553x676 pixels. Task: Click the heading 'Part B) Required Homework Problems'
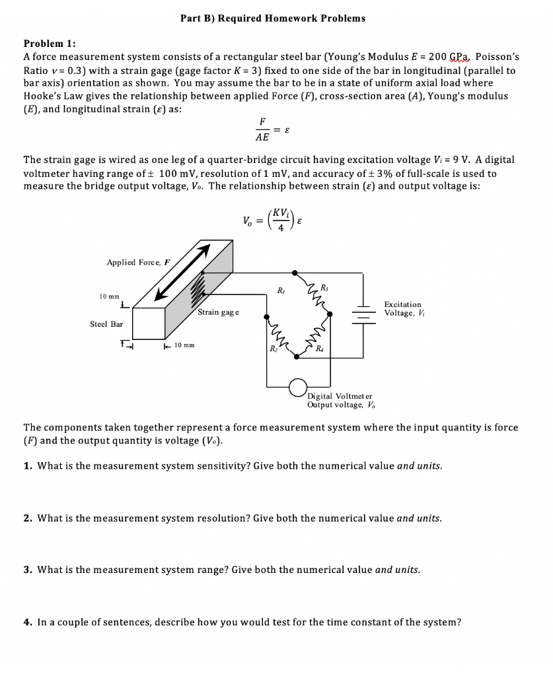click(x=272, y=18)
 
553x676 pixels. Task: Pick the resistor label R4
click(x=320, y=348)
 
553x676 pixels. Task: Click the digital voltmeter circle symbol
click(x=298, y=386)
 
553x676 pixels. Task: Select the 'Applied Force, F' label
click(x=138, y=262)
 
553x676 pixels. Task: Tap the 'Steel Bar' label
click(x=106, y=324)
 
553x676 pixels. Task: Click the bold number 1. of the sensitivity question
click(x=28, y=466)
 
